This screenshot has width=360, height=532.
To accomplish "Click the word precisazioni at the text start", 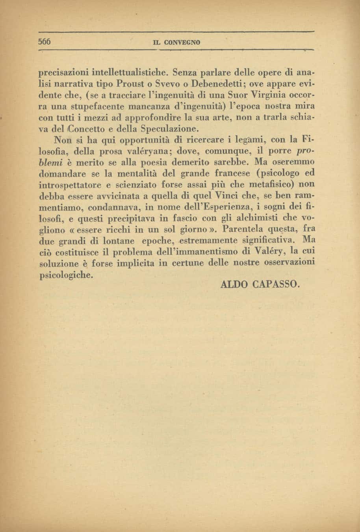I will coord(64,73).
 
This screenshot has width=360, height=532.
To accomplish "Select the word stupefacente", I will coord(95,106).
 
